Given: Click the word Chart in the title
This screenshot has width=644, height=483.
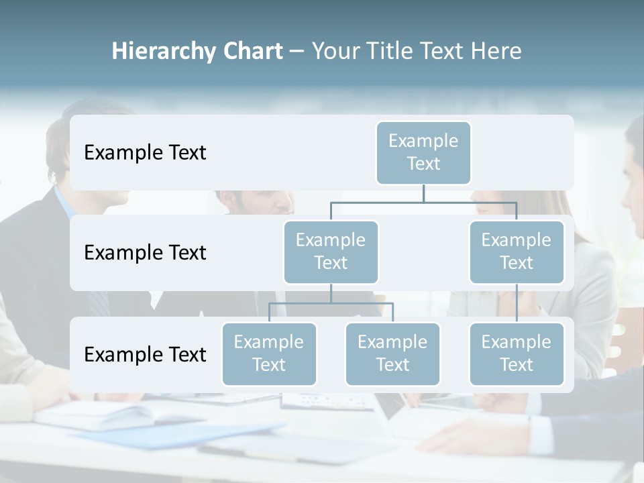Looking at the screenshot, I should tap(252, 52).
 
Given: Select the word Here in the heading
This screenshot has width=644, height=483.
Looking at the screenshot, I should tap(496, 52).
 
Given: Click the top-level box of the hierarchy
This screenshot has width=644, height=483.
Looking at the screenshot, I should tap(423, 153).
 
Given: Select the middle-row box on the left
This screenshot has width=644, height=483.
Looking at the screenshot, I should tap(331, 252).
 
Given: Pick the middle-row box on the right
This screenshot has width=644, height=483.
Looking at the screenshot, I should tap(517, 252).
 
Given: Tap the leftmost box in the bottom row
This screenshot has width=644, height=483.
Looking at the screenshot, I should tap(269, 354).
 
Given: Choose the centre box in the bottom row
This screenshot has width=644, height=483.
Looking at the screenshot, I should tap(392, 354).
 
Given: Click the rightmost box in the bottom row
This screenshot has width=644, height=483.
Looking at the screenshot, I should tap(517, 354).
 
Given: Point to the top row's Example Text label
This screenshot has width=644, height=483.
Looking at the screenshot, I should tap(145, 153).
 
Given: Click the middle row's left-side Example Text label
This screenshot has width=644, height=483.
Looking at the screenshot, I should tap(145, 253).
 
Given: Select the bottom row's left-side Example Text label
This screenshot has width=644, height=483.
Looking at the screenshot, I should tap(145, 355).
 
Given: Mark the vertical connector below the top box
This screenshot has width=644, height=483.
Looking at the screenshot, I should tap(423, 193).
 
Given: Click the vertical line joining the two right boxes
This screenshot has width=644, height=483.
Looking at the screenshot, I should tap(517, 303).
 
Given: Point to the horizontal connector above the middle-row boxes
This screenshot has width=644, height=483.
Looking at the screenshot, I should tap(423, 202).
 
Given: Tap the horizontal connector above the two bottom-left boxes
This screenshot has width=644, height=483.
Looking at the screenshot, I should tap(331, 303).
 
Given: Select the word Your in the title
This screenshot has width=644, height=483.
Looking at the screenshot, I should tap(334, 52).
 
